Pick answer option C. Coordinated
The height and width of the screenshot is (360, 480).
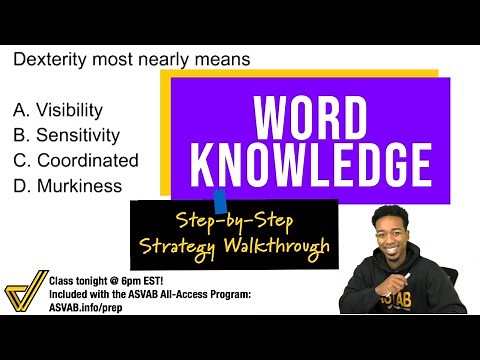tap(75, 160)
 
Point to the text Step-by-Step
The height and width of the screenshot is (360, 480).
tap(236, 219)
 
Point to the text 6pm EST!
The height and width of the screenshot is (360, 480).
tap(149, 283)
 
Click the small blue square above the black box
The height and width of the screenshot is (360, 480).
tap(220, 195)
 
